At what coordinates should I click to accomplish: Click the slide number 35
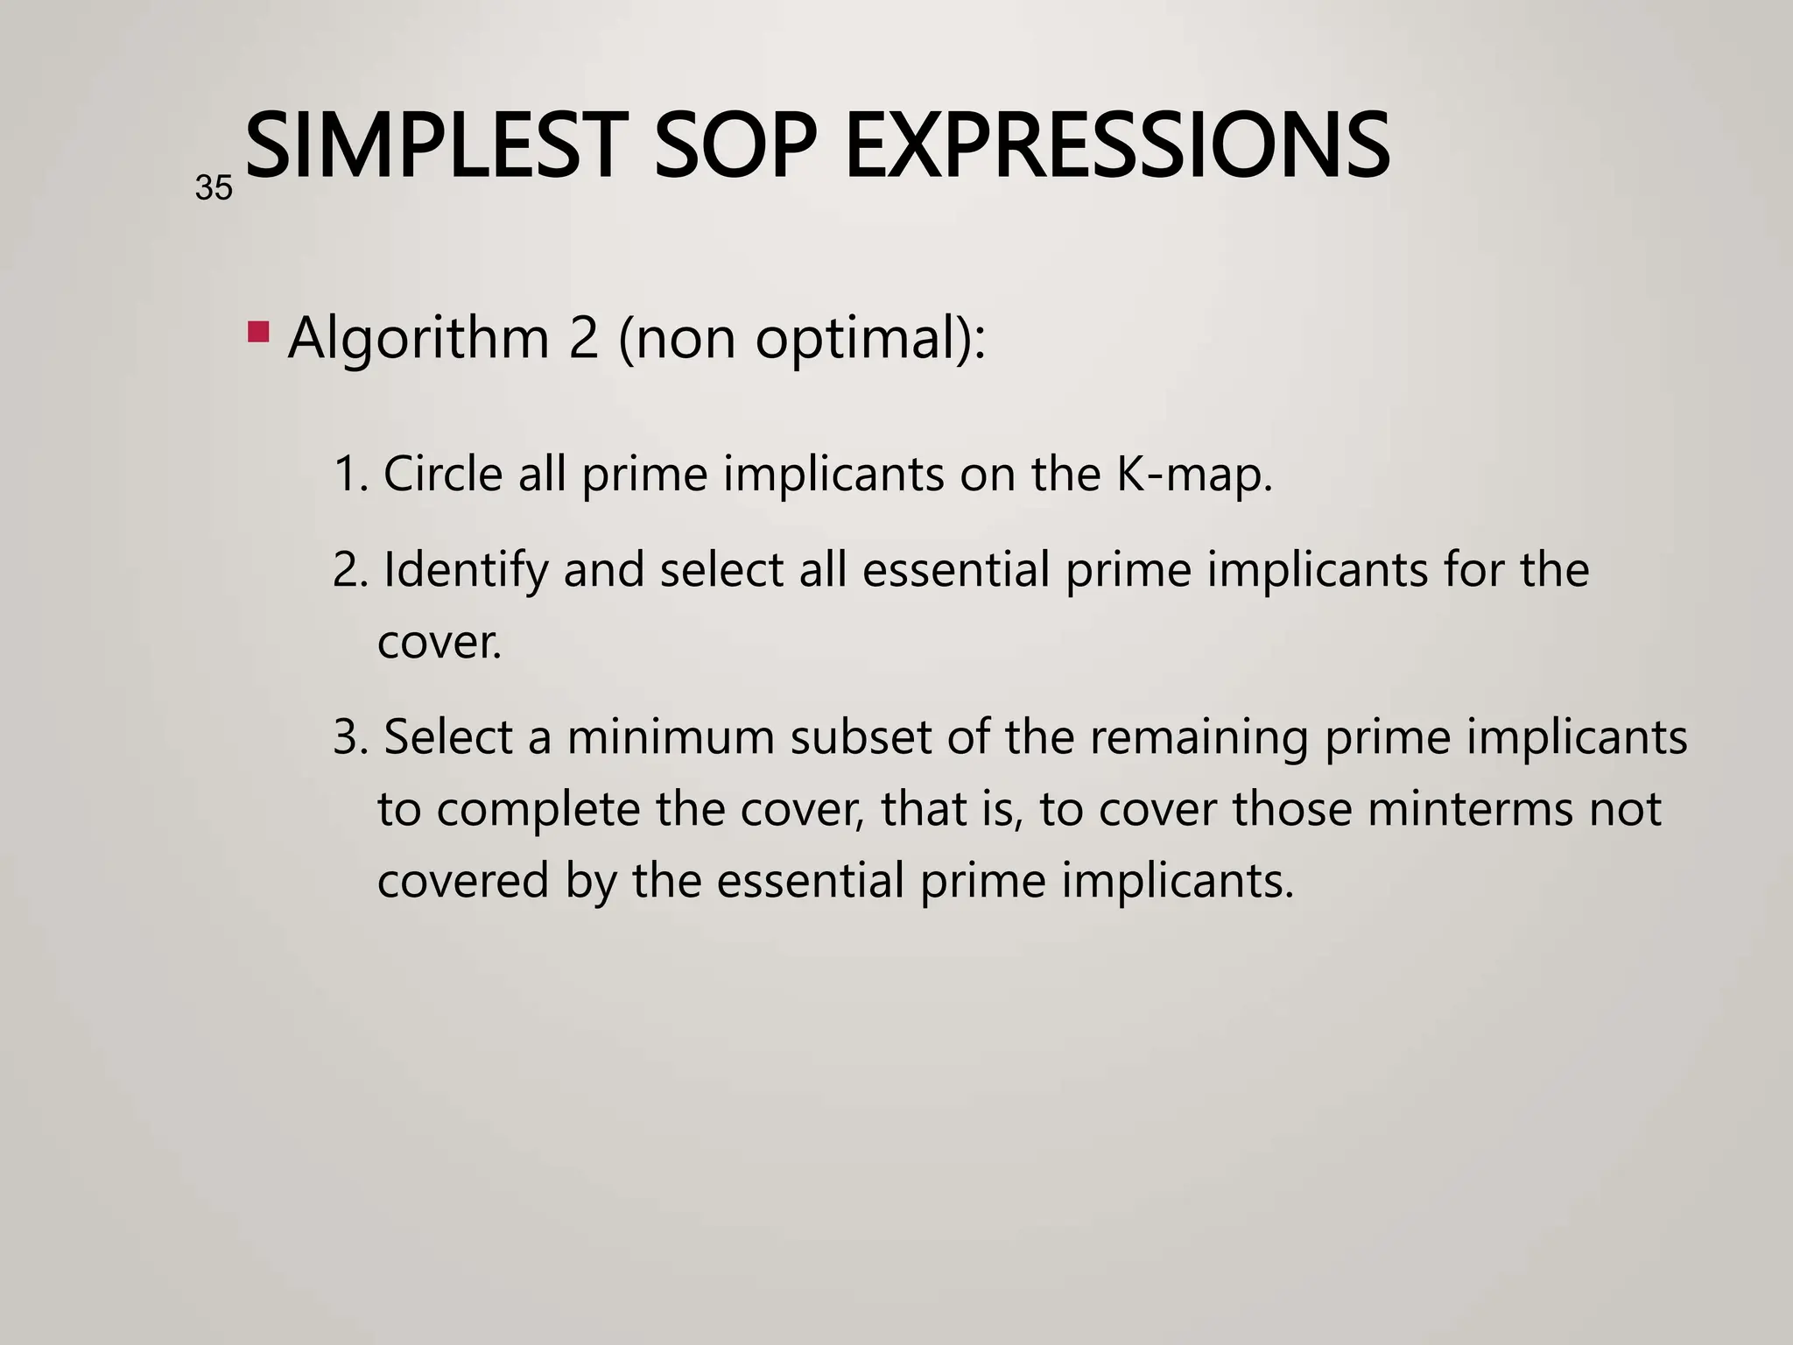(214, 188)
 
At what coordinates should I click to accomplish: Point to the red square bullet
(258, 332)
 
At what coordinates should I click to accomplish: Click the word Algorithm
(418, 338)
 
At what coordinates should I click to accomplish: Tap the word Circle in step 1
(443, 475)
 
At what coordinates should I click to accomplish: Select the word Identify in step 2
(465, 571)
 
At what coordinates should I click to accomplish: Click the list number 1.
(348, 475)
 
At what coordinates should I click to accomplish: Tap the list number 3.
(348, 737)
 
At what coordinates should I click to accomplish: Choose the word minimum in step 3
(671, 737)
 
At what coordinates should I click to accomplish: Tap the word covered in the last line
(463, 881)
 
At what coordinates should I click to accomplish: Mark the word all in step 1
(542, 475)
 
